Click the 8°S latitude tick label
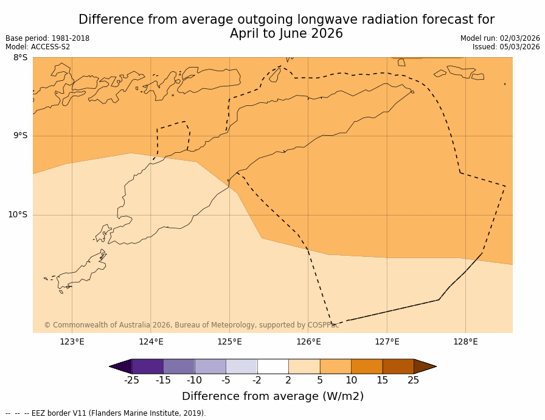pyautogui.click(x=20, y=58)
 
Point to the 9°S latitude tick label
pyautogui.click(x=20, y=136)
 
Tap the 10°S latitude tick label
pyautogui.click(x=18, y=214)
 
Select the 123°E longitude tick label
pyautogui.click(x=72, y=341)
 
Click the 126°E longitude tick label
pyautogui.click(x=308, y=341)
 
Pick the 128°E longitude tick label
pyautogui.click(x=465, y=341)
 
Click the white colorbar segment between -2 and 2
pyautogui.click(x=272, y=366)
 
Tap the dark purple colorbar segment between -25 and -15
pyautogui.click(x=147, y=366)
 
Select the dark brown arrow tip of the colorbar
pyautogui.click(x=425, y=366)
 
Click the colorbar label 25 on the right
pyautogui.click(x=414, y=380)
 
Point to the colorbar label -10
pyautogui.click(x=194, y=380)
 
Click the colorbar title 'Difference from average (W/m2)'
pyautogui.click(x=272, y=396)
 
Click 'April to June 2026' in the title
pyautogui.click(x=286, y=34)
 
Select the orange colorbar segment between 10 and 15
pyautogui.click(x=367, y=366)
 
